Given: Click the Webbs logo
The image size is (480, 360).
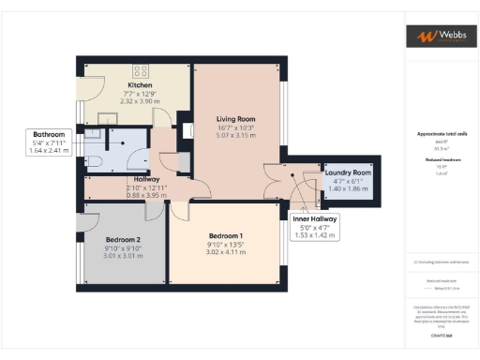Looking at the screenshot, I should [x=438, y=37].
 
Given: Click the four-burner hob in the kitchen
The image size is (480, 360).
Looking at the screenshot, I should [x=142, y=69].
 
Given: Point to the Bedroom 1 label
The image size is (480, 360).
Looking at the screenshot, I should [x=225, y=235].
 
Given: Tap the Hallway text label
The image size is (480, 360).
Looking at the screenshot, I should [x=146, y=178].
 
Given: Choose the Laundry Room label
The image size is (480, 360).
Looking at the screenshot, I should [x=348, y=172].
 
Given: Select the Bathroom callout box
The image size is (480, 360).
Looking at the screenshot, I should [x=50, y=142].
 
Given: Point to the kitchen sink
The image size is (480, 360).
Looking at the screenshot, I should [x=103, y=119].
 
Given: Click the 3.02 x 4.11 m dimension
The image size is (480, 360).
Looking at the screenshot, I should [x=225, y=252].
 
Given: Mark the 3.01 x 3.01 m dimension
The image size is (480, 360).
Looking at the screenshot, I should [x=124, y=255].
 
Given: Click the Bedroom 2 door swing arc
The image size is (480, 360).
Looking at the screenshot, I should [x=87, y=221].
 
